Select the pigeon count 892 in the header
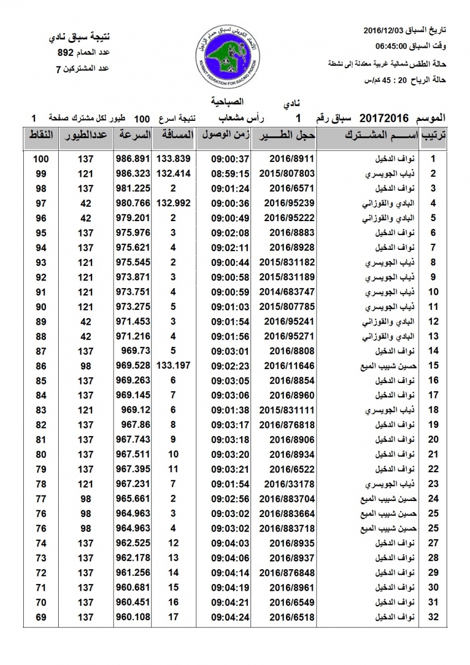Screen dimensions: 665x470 point(66,54)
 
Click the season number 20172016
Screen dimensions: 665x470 point(384,118)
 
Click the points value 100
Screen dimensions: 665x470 point(41,158)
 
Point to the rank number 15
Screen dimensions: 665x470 point(433,365)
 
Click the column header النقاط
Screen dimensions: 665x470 point(40,136)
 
